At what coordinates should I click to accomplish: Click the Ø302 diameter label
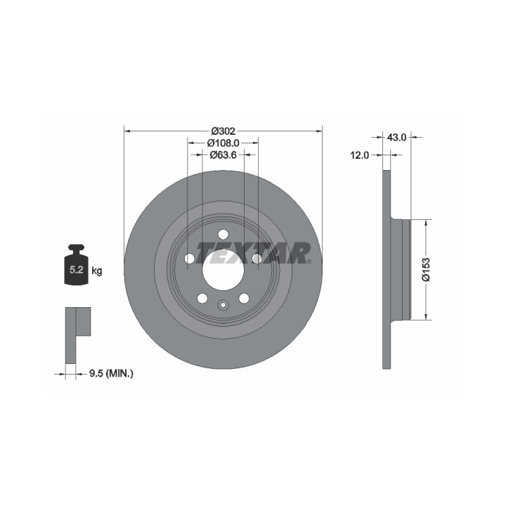223,131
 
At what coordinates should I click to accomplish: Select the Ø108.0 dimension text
223,143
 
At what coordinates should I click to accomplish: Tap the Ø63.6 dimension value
223,155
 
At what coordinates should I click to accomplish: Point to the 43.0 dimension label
396,138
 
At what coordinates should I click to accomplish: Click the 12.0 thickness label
360,155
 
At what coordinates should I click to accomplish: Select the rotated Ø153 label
427,269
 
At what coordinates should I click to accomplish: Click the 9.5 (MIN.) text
111,374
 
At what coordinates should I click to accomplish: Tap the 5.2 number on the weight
77,270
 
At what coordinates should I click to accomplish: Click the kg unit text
97,271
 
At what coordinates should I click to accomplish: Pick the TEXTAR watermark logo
253,253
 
